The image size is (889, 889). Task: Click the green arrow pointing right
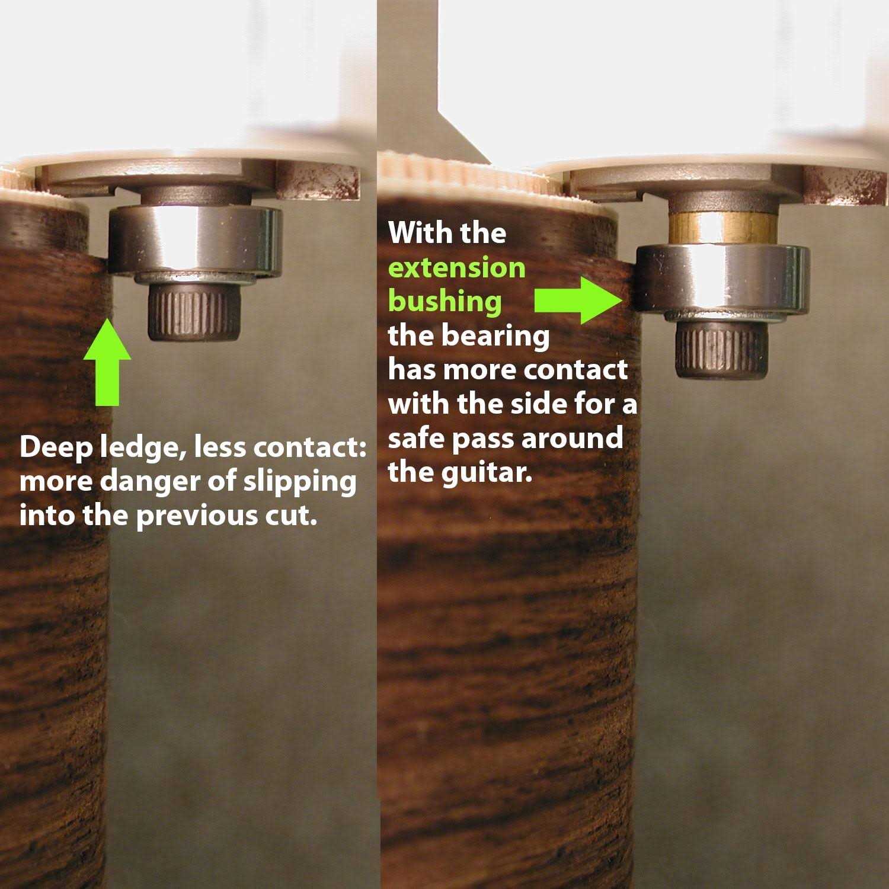pos(578,300)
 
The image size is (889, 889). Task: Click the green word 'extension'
pos(457,268)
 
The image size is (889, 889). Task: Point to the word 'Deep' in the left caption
pos(56,449)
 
